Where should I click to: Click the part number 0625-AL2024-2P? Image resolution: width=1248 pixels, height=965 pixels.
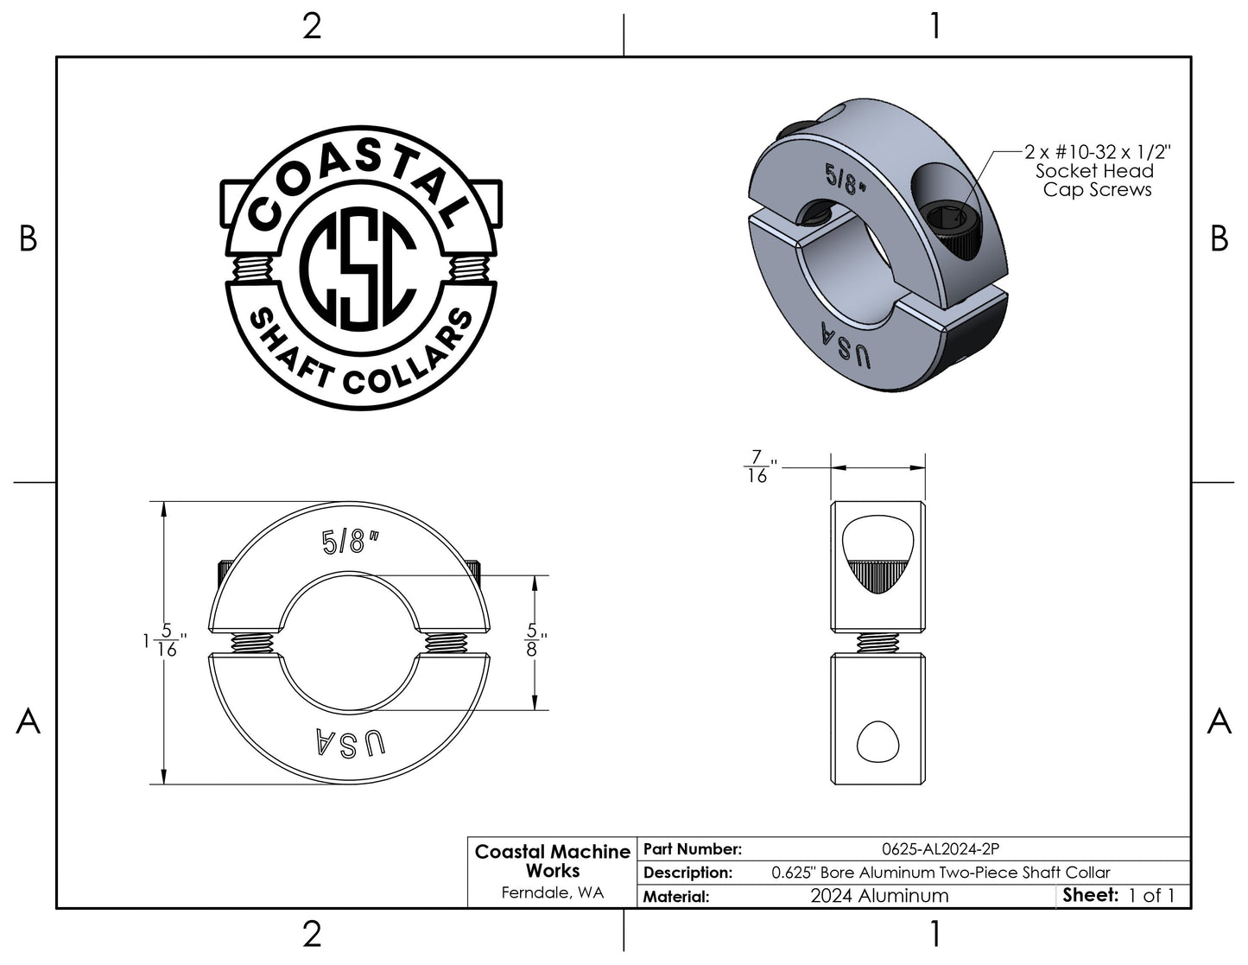pyautogui.click(x=941, y=848)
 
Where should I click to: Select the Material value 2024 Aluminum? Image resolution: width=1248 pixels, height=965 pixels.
pyautogui.click(x=879, y=896)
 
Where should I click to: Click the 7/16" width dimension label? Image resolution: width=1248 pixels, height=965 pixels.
pyautogui.click(x=760, y=467)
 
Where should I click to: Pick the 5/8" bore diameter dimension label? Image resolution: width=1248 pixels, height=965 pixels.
pyautogui.click(x=534, y=640)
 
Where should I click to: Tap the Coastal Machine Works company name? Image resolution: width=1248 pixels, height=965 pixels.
pyautogui.click(x=553, y=861)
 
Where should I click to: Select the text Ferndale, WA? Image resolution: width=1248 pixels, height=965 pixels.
pyautogui.click(x=553, y=892)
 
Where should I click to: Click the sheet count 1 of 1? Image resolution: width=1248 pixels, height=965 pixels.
pyautogui.click(x=1151, y=896)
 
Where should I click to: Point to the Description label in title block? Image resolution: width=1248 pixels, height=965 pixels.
pyautogui.click(x=687, y=873)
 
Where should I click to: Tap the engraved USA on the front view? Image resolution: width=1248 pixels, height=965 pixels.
pyautogui.click(x=351, y=741)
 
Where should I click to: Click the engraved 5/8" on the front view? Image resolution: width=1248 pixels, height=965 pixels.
pyautogui.click(x=349, y=542)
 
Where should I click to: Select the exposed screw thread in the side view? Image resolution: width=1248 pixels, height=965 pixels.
pyautogui.click(x=877, y=643)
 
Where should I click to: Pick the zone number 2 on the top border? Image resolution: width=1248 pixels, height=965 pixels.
pyautogui.click(x=312, y=27)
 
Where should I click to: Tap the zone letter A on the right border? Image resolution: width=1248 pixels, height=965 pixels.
pyautogui.click(x=1219, y=721)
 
